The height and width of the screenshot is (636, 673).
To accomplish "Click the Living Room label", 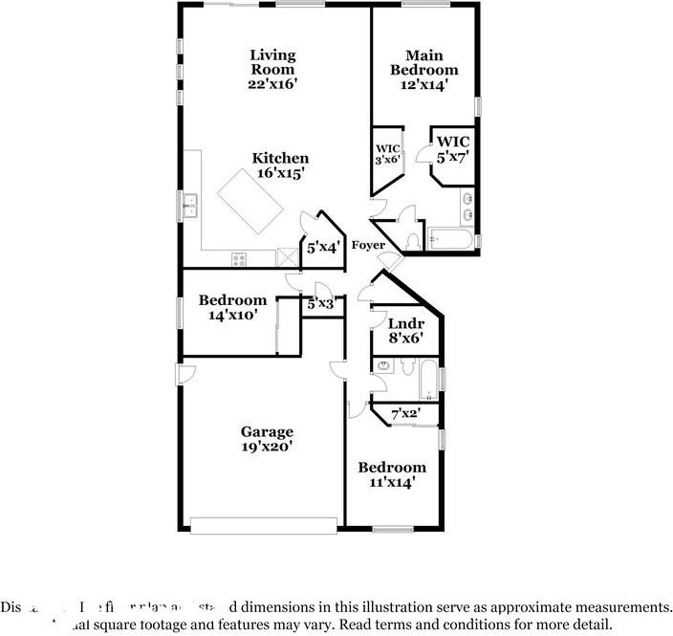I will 272,62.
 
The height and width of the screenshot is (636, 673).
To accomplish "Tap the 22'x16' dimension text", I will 272,84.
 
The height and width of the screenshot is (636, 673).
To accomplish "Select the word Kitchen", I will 280,159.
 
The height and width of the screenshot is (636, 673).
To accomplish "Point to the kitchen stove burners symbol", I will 239,257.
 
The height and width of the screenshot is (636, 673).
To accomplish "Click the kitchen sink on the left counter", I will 190,202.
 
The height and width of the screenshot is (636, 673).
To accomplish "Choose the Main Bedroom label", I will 423,63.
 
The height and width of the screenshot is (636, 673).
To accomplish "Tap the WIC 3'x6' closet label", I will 387,154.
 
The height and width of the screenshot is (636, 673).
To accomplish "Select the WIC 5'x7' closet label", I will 452,148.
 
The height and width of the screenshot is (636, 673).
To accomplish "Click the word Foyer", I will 368,246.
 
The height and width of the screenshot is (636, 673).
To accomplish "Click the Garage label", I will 267,431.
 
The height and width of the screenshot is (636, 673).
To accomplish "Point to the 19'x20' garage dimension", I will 267,446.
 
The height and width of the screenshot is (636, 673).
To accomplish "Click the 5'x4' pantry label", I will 323,248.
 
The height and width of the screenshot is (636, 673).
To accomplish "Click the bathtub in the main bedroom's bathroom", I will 448,238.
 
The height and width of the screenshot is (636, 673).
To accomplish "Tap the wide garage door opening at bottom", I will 264,524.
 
